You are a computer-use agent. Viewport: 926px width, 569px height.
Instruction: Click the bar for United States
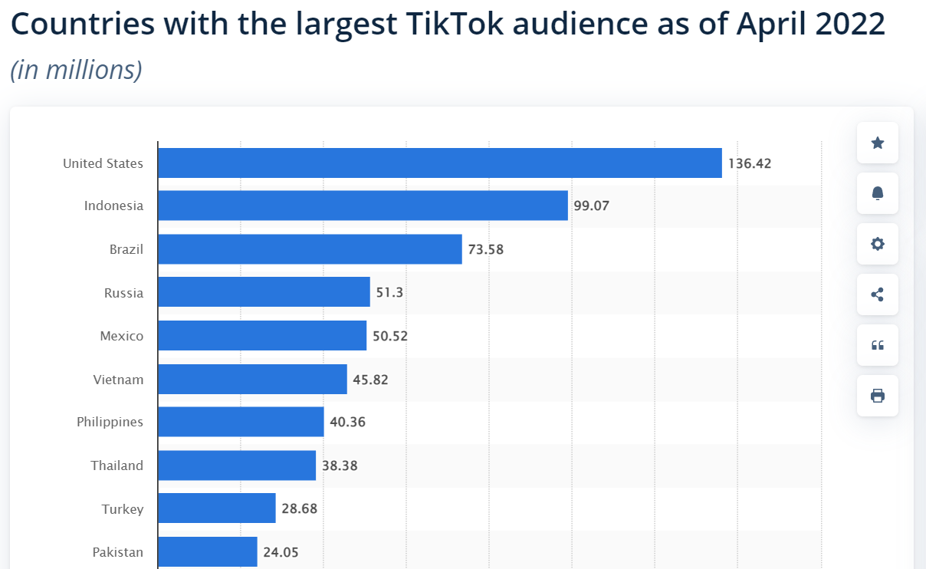pos(439,163)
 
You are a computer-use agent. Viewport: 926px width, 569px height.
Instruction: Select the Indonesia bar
pos(363,206)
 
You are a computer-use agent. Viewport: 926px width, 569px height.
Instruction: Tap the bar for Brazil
pos(310,249)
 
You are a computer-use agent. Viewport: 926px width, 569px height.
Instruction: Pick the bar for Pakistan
pos(207,552)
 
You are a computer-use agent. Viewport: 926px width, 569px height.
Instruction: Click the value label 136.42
pos(750,163)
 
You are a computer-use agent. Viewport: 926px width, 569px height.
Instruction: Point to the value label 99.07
pos(591,206)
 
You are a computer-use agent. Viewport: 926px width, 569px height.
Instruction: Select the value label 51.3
pos(389,293)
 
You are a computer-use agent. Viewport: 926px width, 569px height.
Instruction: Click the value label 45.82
pos(370,380)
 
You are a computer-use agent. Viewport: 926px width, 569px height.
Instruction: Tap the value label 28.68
pos(299,509)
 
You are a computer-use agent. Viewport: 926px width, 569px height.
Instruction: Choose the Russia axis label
pos(123,293)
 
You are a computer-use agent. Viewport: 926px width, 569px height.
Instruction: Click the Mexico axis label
pos(121,336)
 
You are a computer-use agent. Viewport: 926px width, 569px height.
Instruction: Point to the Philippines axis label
pos(110,423)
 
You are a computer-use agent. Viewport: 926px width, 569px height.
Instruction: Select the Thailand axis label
pos(117,465)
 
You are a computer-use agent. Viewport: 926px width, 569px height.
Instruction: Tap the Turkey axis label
pos(123,509)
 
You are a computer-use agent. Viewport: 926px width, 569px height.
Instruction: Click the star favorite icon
pos(878,143)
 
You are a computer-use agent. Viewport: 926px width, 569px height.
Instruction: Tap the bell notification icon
pos(878,193)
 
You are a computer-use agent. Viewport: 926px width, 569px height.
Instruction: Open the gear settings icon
pos(878,244)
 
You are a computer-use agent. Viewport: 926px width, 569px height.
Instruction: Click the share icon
pos(878,294)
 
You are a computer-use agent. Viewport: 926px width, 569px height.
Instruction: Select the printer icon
pos(878,396)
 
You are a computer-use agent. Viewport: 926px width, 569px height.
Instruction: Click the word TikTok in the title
pos(452,25)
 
